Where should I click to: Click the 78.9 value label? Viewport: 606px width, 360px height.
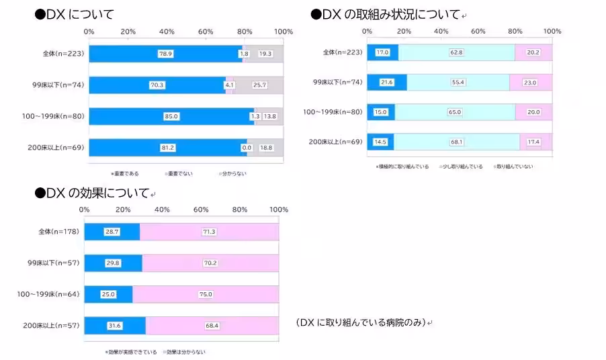click(165, 54)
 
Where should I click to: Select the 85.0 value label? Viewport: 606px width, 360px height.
click(171, 116)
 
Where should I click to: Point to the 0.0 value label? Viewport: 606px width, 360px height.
click(247, 148)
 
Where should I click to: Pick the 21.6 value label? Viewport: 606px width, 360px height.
click(386, 82)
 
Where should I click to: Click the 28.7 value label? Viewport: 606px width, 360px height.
click(112, 232)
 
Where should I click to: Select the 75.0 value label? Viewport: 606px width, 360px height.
click(206, 294)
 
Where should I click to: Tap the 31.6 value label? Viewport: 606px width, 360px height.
click(114, 326)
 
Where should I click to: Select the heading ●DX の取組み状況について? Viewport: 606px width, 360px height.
click(386, 14)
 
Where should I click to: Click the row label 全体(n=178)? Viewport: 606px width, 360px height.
click(59, 232)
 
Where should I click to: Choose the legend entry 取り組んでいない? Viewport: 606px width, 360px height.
click(515, 166)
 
